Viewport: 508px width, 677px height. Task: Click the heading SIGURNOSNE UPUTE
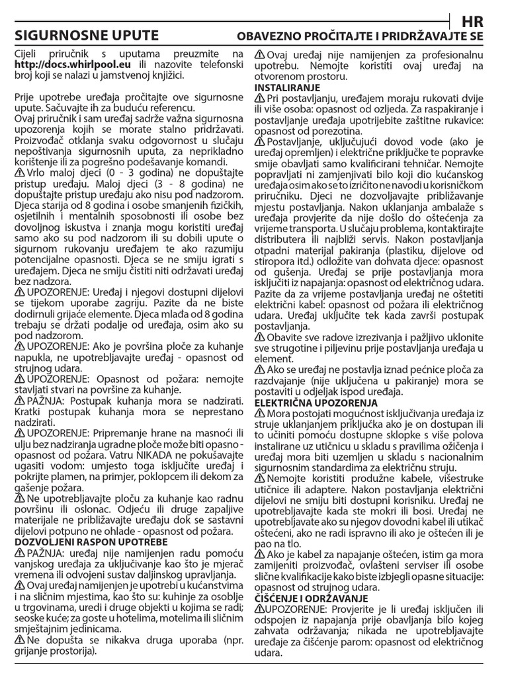pos(87,35)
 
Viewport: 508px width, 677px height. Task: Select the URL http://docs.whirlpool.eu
pos(73,65)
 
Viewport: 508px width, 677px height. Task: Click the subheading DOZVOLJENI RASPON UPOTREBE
pos(91,541)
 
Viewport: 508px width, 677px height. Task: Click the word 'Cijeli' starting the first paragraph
pos(30,54)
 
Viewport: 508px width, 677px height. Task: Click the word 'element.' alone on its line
pos(273,360)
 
